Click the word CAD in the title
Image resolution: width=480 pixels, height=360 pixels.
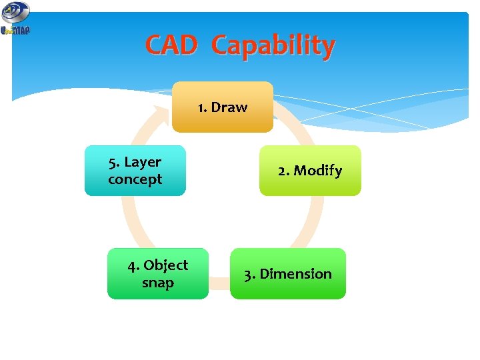(171, 46)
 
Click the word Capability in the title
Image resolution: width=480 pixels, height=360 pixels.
(273, 47)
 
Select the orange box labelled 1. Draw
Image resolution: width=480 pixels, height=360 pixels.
(222, 107)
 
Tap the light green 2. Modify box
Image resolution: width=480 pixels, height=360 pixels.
(309, 171)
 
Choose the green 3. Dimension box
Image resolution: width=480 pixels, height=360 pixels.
(287, 274)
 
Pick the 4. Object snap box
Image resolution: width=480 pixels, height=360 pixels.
(157, 274)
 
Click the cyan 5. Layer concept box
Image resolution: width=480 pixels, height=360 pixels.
(135, 171)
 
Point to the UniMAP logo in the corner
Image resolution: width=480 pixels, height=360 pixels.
(15, 19)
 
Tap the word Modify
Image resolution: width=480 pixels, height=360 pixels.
(318, 171)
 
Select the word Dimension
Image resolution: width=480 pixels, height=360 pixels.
(295, 274)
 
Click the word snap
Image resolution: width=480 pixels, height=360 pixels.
(157, 283)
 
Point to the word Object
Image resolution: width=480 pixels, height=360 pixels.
(166, 265)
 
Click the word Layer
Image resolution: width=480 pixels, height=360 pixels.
(143, 162)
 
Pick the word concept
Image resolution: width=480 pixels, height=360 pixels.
(135, 179)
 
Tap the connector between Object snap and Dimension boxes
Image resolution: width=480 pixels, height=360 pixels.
(219, 284)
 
